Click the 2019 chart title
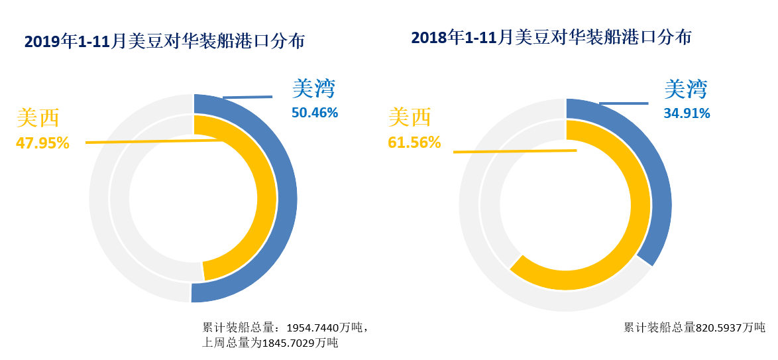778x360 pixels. coord(164,42)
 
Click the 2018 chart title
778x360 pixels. coord(551,37)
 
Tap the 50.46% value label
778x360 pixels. coord(315,113)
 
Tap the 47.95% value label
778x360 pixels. coord(42,143)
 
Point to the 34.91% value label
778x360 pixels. coord(687,113)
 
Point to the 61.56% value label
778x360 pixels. coord(414,142)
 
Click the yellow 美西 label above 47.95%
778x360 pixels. coord(38,119)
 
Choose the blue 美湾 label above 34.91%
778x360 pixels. coord(686,90)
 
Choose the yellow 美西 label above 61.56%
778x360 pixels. coord(410,118)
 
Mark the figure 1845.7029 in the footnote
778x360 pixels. coord(290,343)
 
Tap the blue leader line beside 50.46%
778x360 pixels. coord(247,97)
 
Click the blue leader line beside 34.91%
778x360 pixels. coord(624,103)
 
